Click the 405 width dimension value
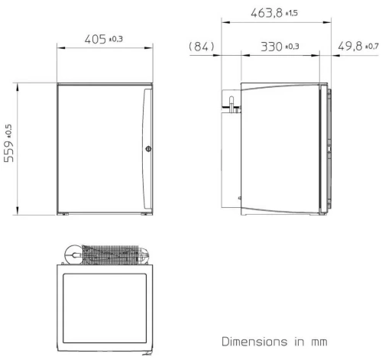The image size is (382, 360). [94, 38]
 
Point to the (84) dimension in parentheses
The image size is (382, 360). [202, 47]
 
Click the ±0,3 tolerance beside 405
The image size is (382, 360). [118, 39]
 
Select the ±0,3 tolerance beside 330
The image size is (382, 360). [292, 48]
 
